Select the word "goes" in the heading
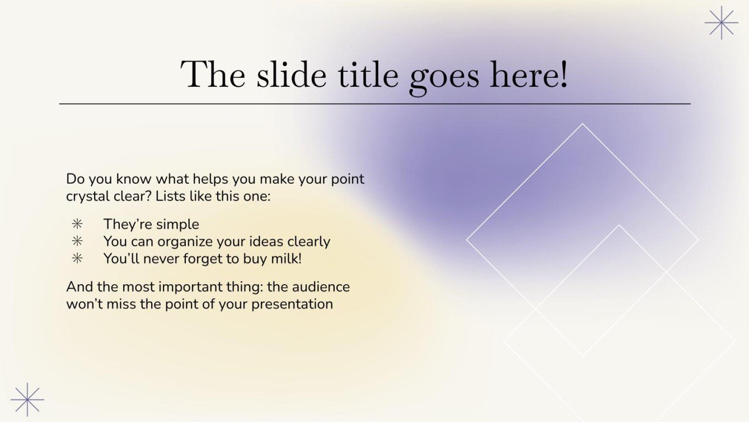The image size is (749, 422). [445, 77]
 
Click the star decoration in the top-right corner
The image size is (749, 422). [721, 22]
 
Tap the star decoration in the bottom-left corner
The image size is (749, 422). [27, 400]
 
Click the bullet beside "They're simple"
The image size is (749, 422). [77, 224]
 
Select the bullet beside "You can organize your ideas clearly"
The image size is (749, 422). [77, 242]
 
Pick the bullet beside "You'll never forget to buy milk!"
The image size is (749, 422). [77, 258]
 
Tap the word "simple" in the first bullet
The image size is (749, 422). [177, 224]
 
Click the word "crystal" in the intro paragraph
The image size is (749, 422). [88, 197]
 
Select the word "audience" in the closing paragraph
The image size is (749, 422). [323, 286]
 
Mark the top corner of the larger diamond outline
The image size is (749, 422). [582, 124]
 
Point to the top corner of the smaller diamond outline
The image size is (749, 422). [619, 225]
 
